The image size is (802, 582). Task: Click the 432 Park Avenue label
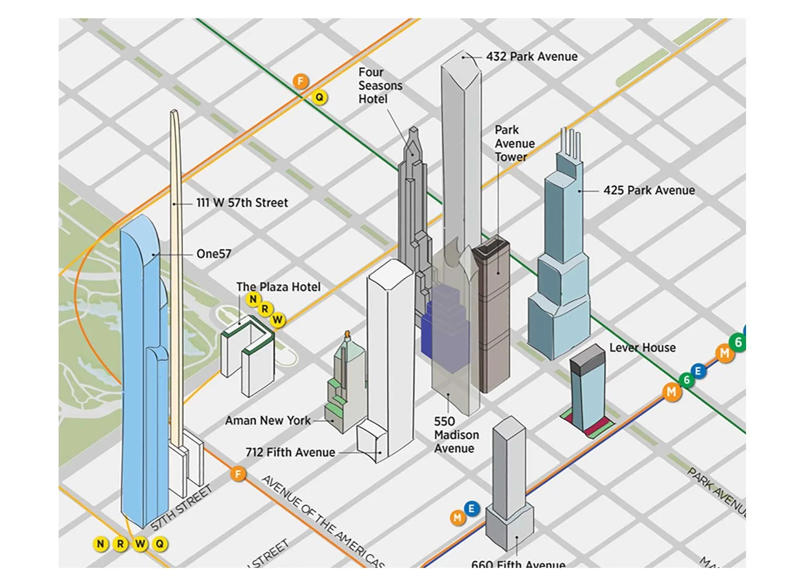532,56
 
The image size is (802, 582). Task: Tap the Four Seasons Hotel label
380,85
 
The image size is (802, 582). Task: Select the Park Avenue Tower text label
514,143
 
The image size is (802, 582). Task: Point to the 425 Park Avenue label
649,190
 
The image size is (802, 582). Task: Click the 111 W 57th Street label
242,203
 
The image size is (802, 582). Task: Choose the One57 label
213,254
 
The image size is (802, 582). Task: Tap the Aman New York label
267,421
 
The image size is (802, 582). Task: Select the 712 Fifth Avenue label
290,452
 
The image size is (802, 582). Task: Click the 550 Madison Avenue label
456,435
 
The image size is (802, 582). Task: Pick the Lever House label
642,348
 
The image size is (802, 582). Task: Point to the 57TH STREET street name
182,508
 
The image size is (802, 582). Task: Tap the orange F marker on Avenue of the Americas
238,474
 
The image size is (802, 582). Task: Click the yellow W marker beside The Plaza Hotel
277,319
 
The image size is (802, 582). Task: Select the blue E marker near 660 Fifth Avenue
471,508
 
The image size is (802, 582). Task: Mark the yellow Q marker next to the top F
319,97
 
